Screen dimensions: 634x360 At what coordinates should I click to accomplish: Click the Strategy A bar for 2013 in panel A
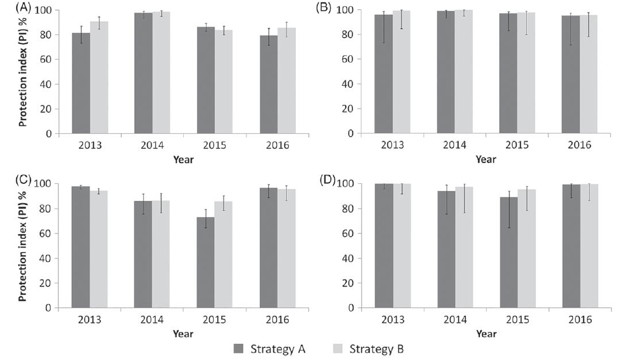pyautogui.click(x=81, y=83)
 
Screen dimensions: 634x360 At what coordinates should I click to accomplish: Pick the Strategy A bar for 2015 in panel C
pyautogui.click(x=206, y=262)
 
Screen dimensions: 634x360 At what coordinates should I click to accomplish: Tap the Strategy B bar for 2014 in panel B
pyautogui.click(x=464, y=72)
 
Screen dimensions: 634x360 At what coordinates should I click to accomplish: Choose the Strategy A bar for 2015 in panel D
pyautogui.click(x=509, y=253)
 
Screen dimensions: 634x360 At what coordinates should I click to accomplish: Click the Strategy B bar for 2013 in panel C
pyautogui.click(x=99, y=249)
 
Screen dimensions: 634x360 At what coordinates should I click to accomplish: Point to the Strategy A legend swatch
pyautogui.click(x=238, y=349)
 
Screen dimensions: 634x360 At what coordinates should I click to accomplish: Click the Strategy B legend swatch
pyautogui.click(x=338, y=349)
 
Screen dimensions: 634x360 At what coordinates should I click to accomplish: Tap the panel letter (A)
pyautogui.click(x=23, y=7)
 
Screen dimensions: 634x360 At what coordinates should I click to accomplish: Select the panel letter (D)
pyautogui.click(x=328, y=180)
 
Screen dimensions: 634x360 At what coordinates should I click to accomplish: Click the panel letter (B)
pyautogui.click(x=323, y=7)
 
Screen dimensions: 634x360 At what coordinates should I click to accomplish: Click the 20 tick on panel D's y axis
pyautogui.click(x=349, y=283)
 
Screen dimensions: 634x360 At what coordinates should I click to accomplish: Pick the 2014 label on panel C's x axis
pyautogui.click(x=152, y=320)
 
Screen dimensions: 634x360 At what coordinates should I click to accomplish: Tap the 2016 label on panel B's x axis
pyautogui.click(x=579, y=145)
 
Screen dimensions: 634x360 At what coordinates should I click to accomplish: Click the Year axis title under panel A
pyautogui.click(x=184, y=160)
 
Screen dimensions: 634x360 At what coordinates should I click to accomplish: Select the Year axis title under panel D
pyautogui.click(x=486, y=334)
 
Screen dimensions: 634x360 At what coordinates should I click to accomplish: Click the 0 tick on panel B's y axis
pyautogui.click(x=351, y=134)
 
